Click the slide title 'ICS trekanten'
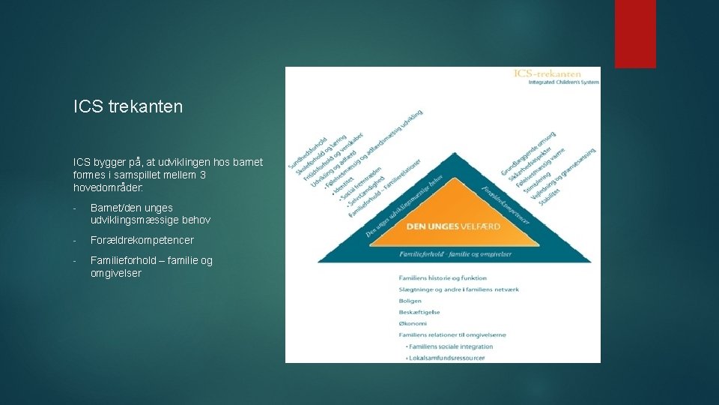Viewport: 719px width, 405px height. (x=128, y=107)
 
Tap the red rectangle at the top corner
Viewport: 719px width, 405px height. (x=635, y=34)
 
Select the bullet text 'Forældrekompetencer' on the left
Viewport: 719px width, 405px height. (x=142, y=240)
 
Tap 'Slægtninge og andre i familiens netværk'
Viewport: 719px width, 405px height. (x=459, y=289)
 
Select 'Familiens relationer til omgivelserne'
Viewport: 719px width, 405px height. (x=452, y=334)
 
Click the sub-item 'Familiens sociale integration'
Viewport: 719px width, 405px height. (x=450, y=346)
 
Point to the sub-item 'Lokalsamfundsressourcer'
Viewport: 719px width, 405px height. (x=446, y=358)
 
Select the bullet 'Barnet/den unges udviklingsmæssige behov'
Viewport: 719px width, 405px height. (x=150, y=214)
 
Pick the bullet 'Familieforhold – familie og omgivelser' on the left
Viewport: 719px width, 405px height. (x=151, y=266)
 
